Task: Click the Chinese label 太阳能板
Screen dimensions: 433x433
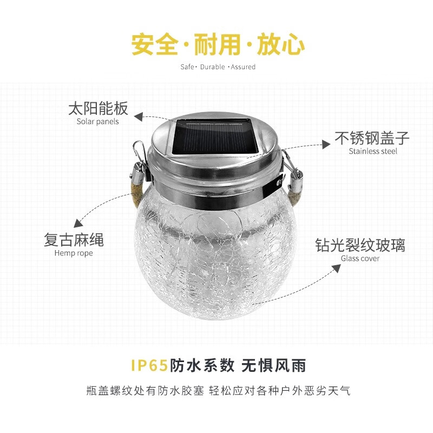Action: [x=98, y=108]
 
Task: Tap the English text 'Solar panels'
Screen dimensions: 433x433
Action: [x=97, y=122]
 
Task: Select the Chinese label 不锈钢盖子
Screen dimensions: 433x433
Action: [x=372, y=138]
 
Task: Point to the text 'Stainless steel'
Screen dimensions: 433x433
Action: [x=373, y=151]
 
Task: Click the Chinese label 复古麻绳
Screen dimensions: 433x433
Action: [x=74, y=240]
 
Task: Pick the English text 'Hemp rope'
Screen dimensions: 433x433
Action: [x=74, y=253]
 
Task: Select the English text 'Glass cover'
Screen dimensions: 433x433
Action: [x=360, y=258]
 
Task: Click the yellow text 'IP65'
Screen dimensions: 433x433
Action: [x=150, y=365]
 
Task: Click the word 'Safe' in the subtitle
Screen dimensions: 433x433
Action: [x=187, y=67]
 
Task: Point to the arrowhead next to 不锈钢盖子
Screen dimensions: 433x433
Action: [x=326, y=143]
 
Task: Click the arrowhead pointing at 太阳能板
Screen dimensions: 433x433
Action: [x=139, y=116]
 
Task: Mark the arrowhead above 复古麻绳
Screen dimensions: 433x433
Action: [x=79, y=222]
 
